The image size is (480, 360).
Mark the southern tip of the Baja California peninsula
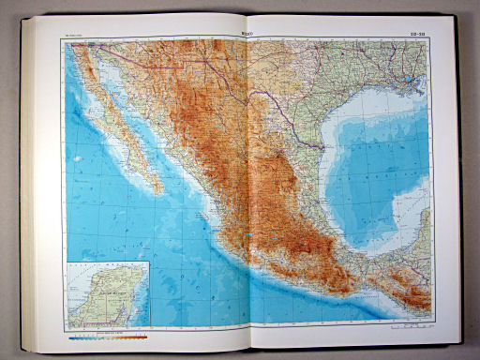pyautogui.click(x=158, y=192)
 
